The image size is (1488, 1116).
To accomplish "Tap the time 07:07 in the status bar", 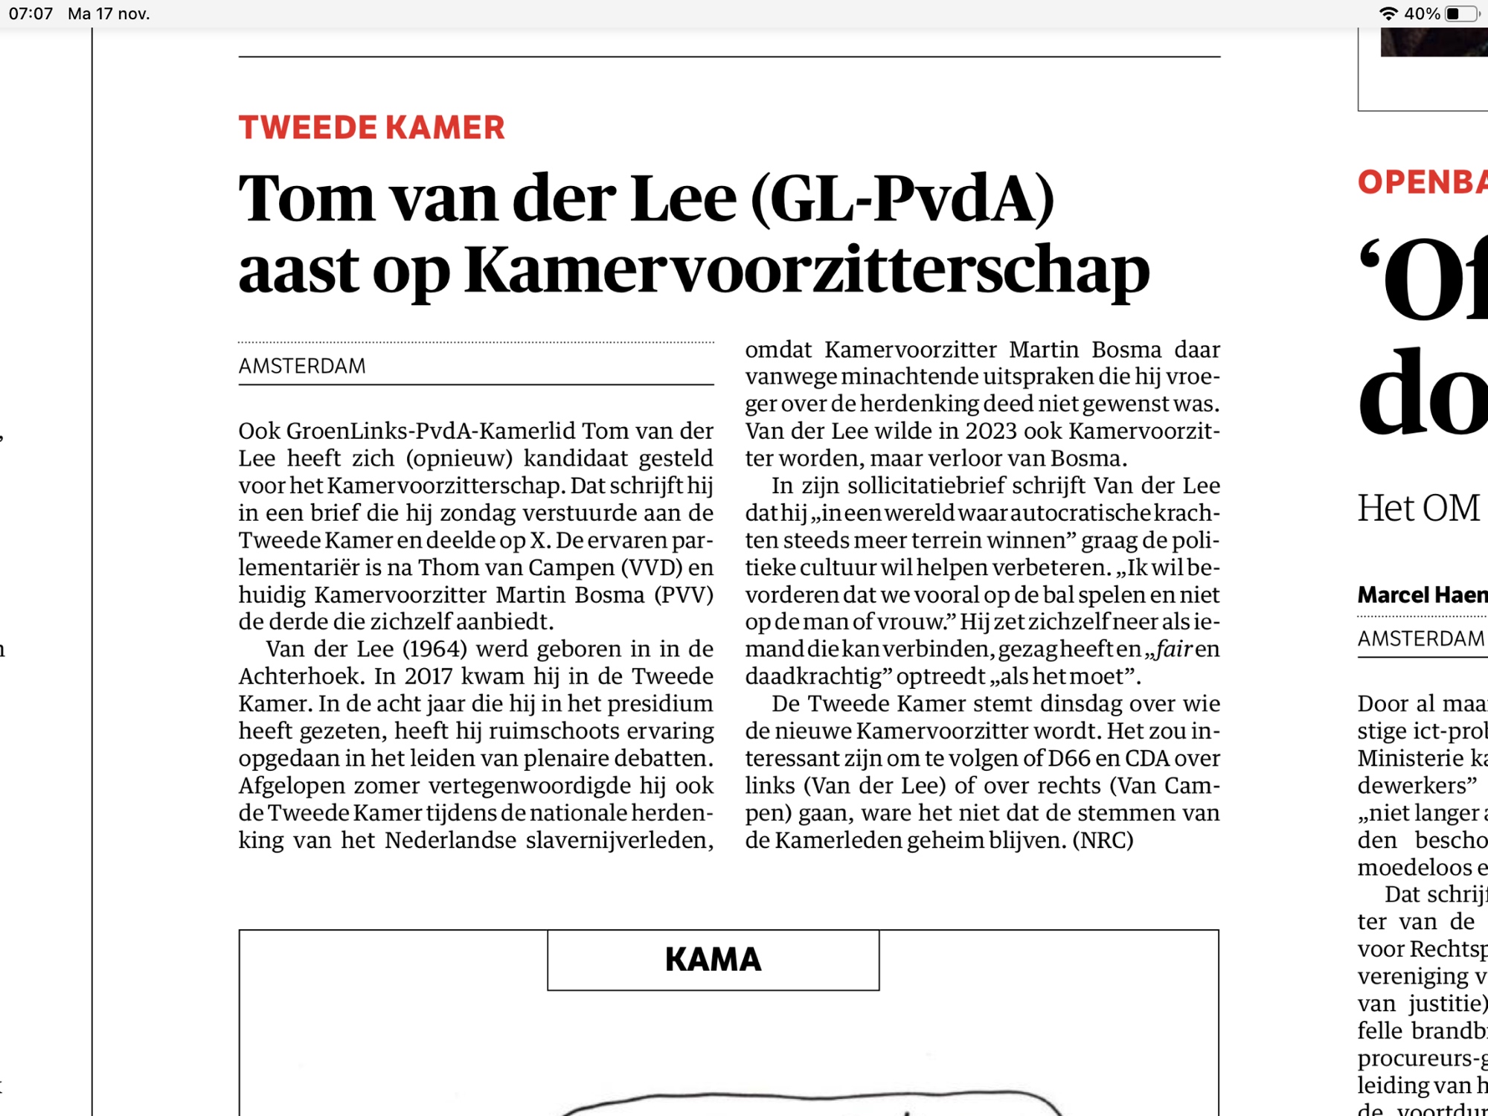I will click(x=31, y=13).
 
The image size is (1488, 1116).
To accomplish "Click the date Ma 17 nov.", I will click(x=109, y=13).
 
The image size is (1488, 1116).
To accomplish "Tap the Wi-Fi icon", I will click(x=1388, y=13).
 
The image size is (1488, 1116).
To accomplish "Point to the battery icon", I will click(x=1461, y=13).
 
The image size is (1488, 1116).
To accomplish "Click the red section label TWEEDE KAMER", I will click(x=371, y=128).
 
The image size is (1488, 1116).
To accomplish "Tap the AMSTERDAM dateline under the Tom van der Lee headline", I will click(x=302, y=366).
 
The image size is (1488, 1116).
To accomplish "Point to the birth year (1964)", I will click(x=434, y=649).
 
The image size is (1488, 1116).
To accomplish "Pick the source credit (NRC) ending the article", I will click(x=1103, y=840).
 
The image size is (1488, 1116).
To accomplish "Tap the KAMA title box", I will click(x=713, y=960).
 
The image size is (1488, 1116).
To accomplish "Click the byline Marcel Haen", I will click(x=1421, y=594).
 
